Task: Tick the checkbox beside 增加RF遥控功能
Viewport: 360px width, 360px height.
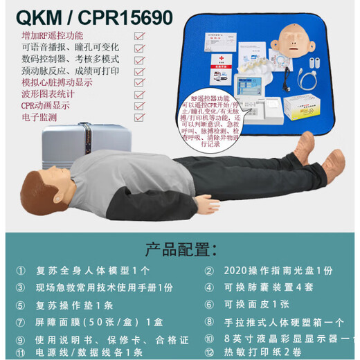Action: click(139, 35)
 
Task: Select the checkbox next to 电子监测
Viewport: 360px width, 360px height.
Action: click(139, 118)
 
